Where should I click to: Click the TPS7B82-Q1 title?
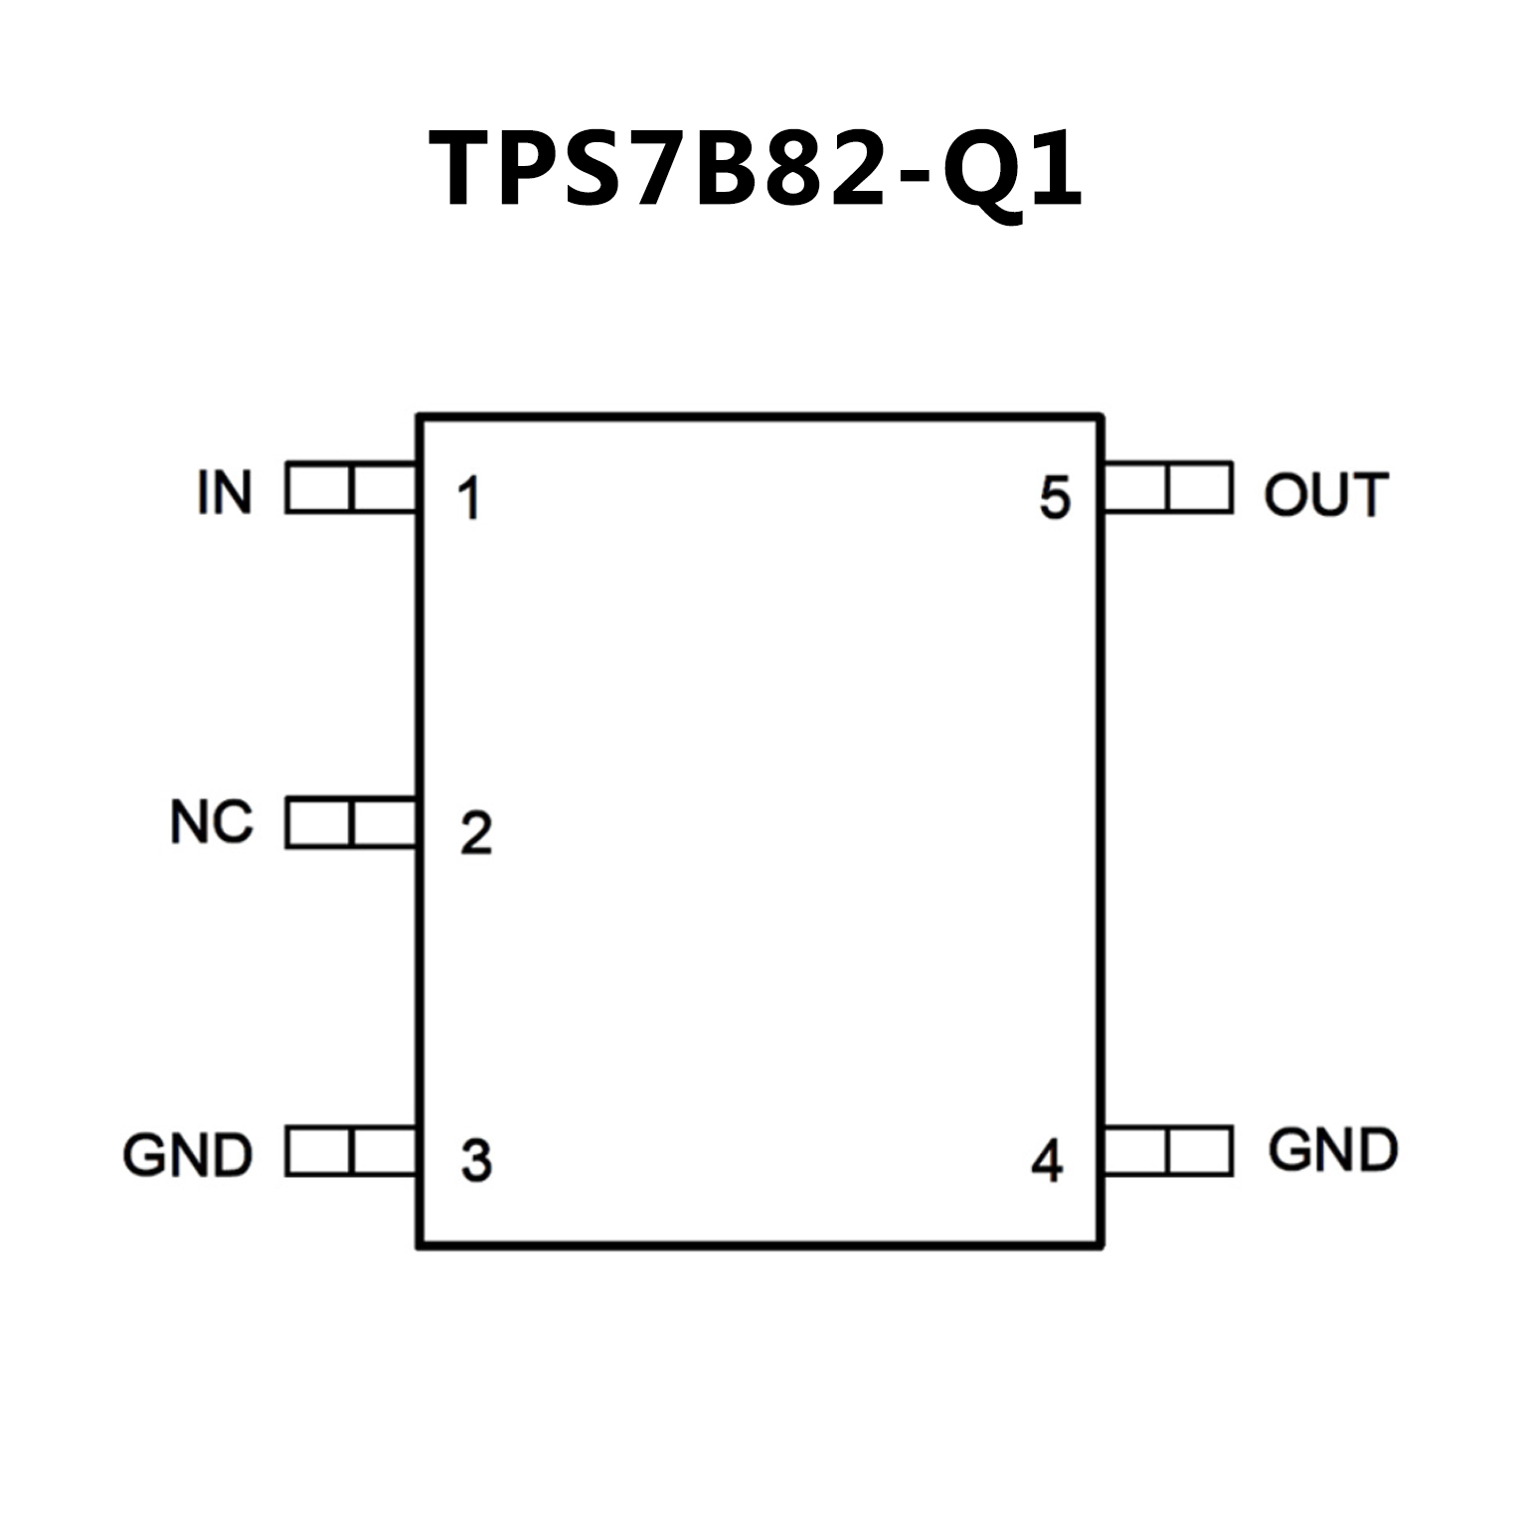[756, 169]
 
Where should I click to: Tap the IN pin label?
[225, 492]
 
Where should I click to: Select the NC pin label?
[212, 823]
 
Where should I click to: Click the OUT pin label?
[1325, 494]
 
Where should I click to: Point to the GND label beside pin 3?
[188, 1154]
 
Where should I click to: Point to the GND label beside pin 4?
[1333, 1150]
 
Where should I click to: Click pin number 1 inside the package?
[468, 498]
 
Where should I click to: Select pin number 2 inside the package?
[476, 833]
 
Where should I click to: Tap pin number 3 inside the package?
[476, 1160]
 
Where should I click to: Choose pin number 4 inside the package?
[1047, 1160]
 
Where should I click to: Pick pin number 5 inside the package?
[1055, 498]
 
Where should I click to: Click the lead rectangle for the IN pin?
[351, 488]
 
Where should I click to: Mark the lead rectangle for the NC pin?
[351, 822]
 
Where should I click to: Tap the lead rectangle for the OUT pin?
[1168, 488]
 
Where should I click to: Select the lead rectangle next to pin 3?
[351, 1151]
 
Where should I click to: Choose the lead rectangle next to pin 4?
[1168, 1151]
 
